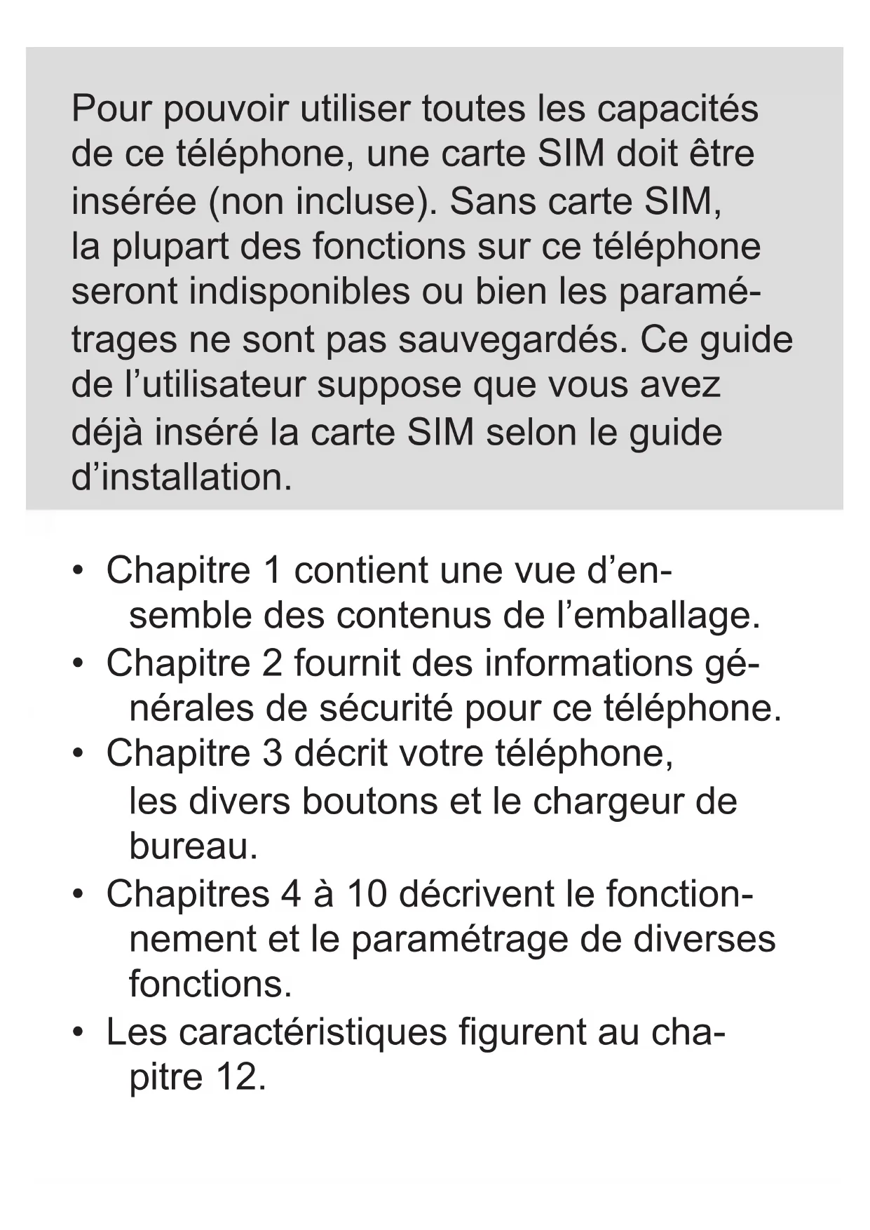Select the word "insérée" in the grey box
pos(134,201)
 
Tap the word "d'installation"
pos(182,477)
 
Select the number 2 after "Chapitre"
pos(272,663)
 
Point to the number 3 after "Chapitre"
pos(272,753)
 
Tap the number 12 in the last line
pos(237,1076)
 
